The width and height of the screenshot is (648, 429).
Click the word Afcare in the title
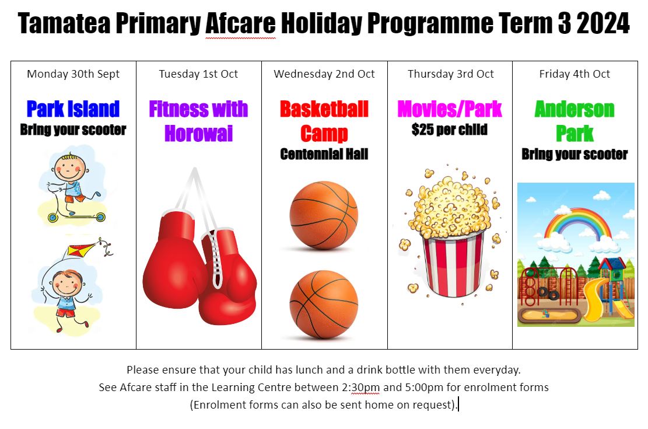240,23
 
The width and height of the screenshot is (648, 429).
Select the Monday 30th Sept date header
73,74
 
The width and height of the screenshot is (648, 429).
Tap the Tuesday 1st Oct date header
198,74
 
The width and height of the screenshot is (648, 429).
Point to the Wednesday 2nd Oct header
324,74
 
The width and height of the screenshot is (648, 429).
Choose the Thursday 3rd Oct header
450,74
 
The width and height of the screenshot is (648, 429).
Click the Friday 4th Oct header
575,74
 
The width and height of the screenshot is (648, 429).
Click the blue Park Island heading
73,109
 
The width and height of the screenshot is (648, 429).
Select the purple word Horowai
198,134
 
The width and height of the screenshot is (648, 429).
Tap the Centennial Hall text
324,154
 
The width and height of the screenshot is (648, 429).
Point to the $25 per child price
450,130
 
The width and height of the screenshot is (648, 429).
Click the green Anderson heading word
575,109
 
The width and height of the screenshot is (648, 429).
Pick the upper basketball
324,215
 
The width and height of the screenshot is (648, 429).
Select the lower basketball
324,305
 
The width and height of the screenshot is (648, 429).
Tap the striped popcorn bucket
454,265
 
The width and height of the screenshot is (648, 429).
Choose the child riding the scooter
72,186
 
